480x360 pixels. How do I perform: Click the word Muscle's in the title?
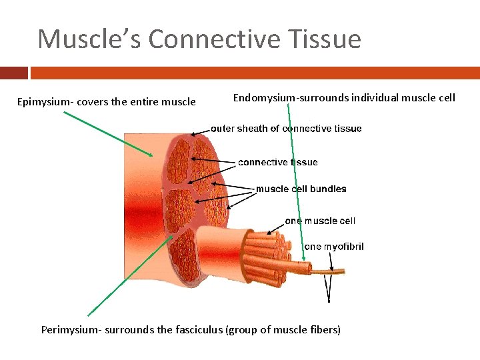89,39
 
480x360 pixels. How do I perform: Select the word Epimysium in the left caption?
45,102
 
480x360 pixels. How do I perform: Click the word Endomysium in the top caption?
265,98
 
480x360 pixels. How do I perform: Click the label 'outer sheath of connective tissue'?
287,129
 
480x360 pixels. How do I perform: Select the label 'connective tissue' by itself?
278,162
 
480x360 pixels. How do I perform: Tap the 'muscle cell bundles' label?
301,189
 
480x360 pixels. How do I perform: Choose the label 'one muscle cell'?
320,221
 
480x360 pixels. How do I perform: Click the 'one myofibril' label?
334,247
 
